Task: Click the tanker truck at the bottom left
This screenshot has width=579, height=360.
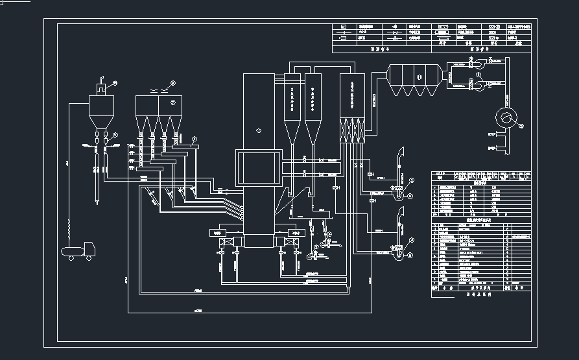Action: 77,251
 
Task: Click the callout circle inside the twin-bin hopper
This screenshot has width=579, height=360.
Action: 172,102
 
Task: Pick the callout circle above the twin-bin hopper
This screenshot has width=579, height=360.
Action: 173,83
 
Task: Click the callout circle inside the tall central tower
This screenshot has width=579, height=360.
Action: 258,130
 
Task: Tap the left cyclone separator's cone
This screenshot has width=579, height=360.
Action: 292,133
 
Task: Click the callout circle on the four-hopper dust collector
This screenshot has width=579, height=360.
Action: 418,77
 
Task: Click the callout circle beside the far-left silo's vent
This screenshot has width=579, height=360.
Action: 115,83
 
